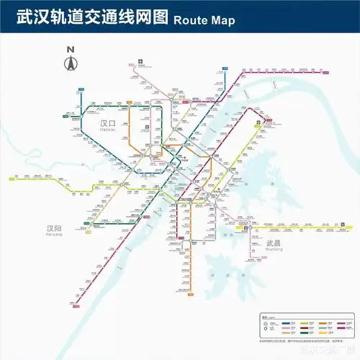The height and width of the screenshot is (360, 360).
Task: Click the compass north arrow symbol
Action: tap(71, 63)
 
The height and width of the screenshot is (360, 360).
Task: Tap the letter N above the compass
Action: tap(71, 50)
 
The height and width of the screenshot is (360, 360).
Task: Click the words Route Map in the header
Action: tap(204, 20)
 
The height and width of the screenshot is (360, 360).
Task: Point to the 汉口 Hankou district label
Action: tap(108, 124)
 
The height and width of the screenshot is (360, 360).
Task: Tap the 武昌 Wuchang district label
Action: tap(274, 244)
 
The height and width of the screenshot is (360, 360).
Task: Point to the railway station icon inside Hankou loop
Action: tap(147, 124)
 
